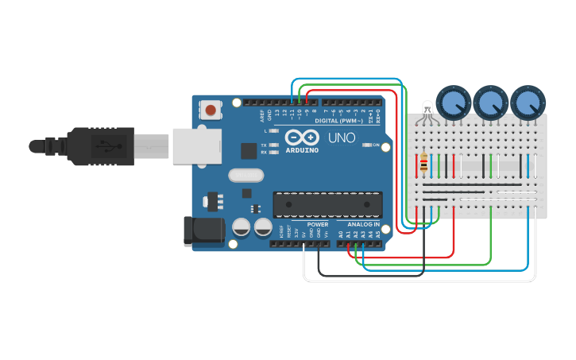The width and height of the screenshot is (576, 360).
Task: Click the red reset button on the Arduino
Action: pyautogui.click(x=211, y=110)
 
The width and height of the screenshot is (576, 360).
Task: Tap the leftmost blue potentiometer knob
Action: pyautogui.click(x=453, y=103)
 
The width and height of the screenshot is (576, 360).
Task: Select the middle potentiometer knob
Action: pyautogui.click(x=490, y=103)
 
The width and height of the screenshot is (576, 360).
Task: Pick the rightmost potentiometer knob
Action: pyautogui.click(x=528, y=103)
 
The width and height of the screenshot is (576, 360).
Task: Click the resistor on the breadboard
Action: pyautogui.click(x=423, y=165)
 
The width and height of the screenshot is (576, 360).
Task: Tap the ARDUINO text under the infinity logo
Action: pyautogui.click(x=302, y=149)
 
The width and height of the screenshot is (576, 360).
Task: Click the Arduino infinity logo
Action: pyautogui.click(x=302, y=137)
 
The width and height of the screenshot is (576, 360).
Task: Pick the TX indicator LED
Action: pyautogui.click(x=274, y=145)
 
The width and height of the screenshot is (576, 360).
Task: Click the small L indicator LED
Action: pyautogui.click(x=274, y=130)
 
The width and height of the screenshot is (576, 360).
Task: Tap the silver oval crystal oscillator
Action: pyautogui.click(x=245, y=176)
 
